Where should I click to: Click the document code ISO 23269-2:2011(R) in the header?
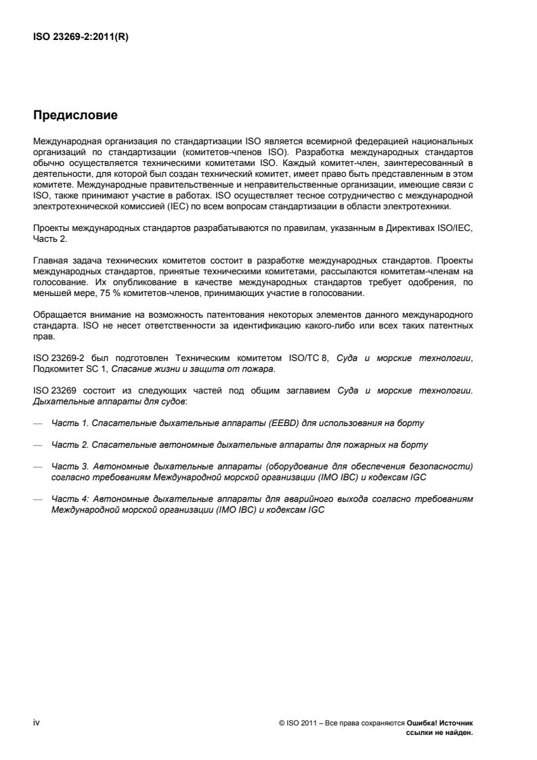(81, 38)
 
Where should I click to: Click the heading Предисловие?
(75, 116)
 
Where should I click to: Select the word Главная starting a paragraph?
(49, 261)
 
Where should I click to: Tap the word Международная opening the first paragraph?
(66, 141)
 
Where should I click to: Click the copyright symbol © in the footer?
(281, 723)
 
